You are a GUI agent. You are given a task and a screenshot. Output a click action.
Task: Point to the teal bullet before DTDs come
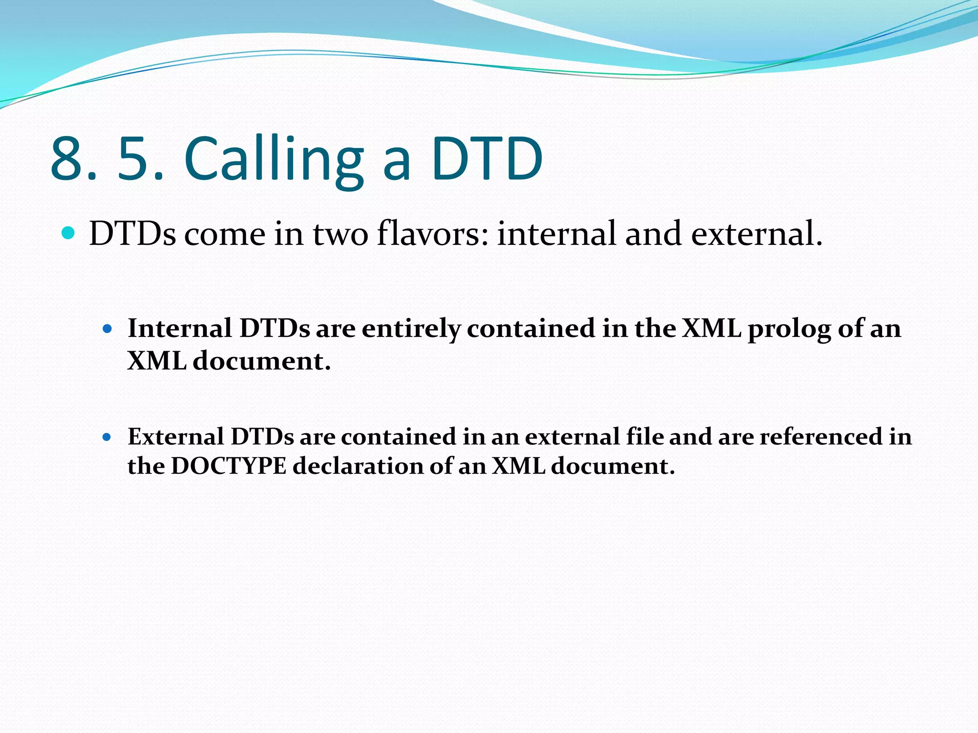coord(69,233)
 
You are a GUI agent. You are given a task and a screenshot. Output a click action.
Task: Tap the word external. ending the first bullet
coord(756,233)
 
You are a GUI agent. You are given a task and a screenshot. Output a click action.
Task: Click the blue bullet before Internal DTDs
coord(107,329)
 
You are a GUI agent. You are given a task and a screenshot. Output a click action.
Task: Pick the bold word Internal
coord(180,328)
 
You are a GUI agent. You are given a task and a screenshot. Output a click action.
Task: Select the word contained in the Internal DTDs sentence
coord(531,328)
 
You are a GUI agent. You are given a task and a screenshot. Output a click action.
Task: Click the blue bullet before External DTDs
coord(107,437)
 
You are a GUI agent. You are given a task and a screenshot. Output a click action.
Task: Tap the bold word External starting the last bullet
coord(176,436)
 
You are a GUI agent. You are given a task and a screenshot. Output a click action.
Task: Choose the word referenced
coord(820,436)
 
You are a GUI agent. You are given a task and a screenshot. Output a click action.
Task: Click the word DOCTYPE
coord(229,466)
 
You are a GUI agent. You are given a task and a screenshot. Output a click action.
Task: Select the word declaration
coord(358,466)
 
